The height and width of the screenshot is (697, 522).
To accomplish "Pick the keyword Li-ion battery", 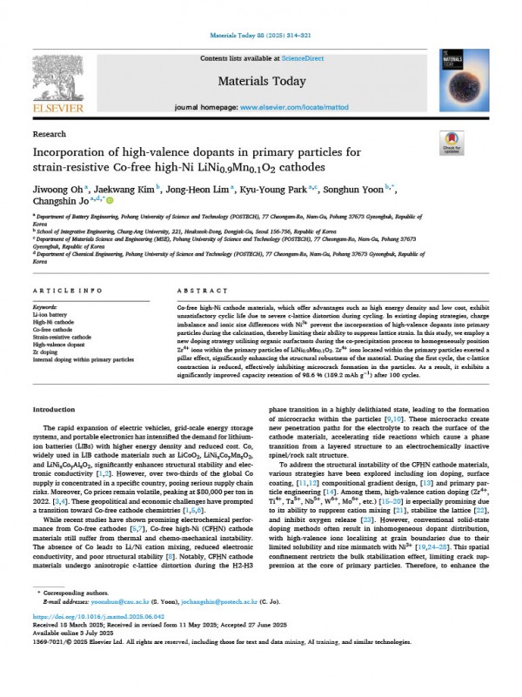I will pyautogui.click(x=49, y=316).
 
